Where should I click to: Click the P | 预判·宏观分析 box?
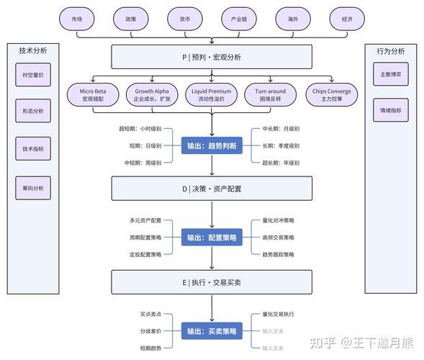tap(212, 57)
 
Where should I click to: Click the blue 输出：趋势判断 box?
tap(212, 145)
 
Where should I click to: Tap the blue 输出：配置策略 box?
tap(212, 237)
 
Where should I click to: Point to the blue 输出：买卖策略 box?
tap(212, 331)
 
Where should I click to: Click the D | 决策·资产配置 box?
tap(212, 189)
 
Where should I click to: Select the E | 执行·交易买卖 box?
tap(212, 282)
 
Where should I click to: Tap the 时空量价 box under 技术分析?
tap(33, 75)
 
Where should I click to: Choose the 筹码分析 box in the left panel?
tap(33, 188)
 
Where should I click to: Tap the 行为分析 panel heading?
tap(390, 51)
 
